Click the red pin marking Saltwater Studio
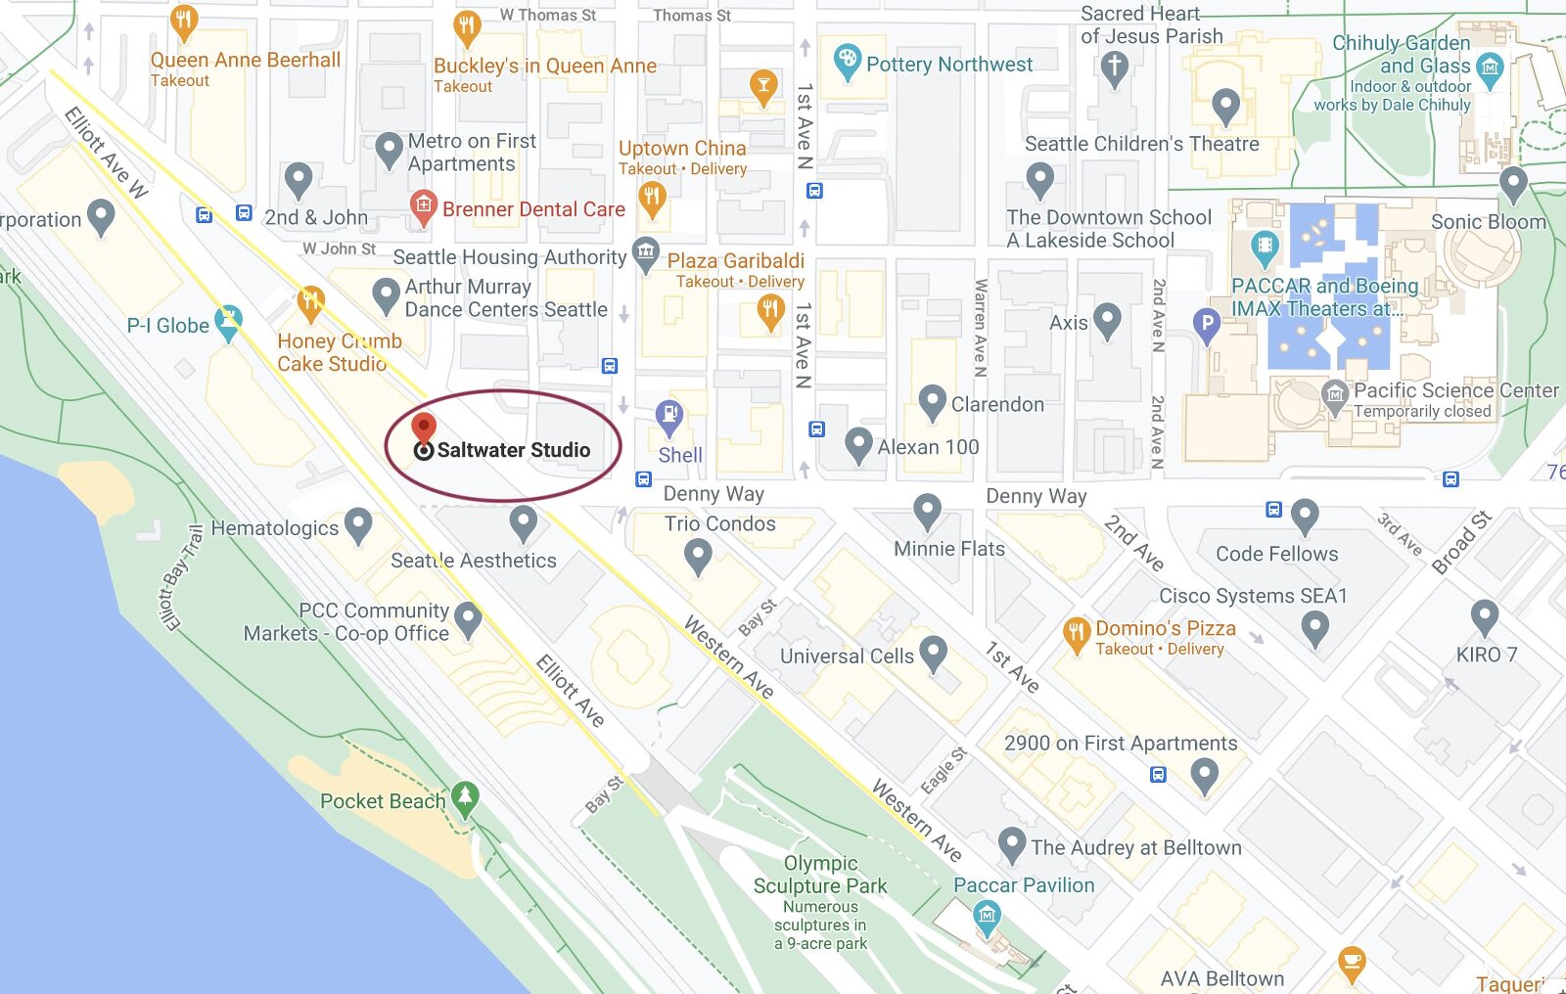pos(423,428)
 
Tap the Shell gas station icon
pos(669,416)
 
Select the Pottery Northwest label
pos(948,65)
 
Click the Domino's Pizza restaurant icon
pos(1077,633)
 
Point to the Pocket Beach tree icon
pos(465,797)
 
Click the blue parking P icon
pos(1207,324)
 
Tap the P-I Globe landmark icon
pos(228,322)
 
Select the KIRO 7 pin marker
pos(1485,617)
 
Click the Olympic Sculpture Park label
pos(820,875)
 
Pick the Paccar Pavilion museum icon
pos(987,916)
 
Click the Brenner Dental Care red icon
pos(422,206)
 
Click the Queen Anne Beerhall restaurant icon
pos(183,20)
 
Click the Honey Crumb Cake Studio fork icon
pos(310,302)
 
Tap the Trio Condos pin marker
pos(697,557)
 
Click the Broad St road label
pos(1461,541)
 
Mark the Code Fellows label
pos(1276,554)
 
